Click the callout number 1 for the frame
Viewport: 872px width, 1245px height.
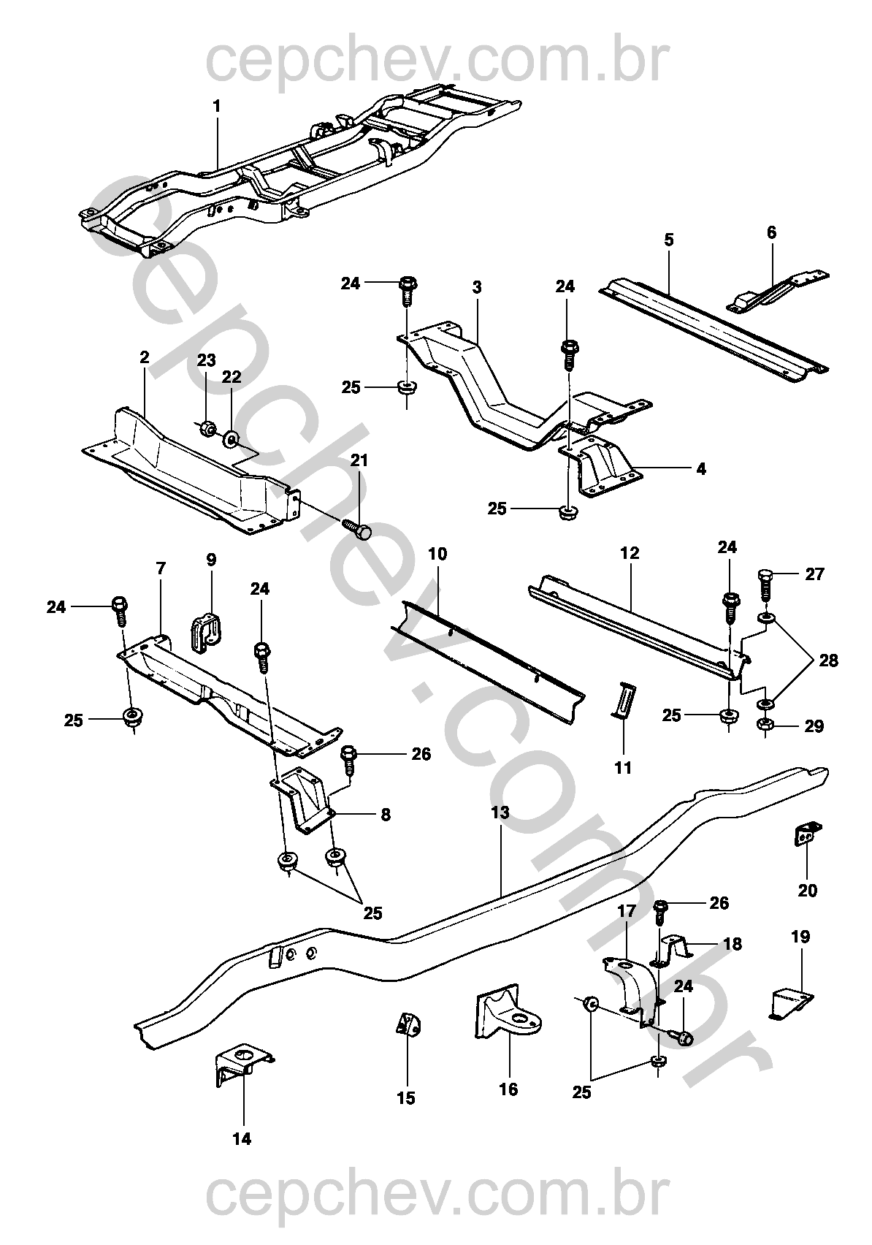coord(216,107)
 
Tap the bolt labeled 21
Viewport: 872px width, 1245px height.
coord(358,528)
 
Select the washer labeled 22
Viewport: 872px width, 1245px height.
coord(232,439)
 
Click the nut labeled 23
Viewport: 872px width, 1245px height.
coord(207,428)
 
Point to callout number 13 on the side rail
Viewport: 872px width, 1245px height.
coord(500,812)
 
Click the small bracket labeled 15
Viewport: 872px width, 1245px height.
coord(408,1025)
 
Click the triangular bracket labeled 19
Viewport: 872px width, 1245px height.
coord(791,1002)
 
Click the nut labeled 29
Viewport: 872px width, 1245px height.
coord(765,726)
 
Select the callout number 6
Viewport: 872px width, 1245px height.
coord(771,233)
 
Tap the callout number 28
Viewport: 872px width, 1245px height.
coord(828,660)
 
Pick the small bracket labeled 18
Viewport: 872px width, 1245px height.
coord(676,950)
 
